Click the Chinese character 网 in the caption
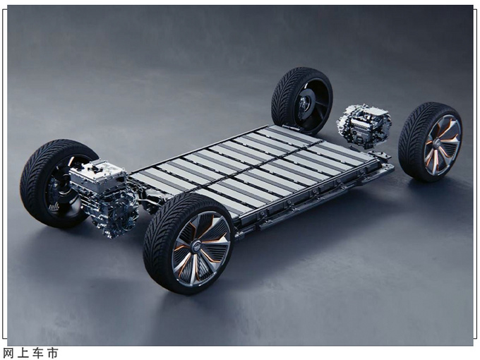pyautogui.click(x=8, y=353)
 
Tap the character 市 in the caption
pyautogui.click(x=52, y=353)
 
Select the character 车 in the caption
pyautogui.click(x=37, y=353)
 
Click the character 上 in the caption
pyautogui.click(x=23, y=353)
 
